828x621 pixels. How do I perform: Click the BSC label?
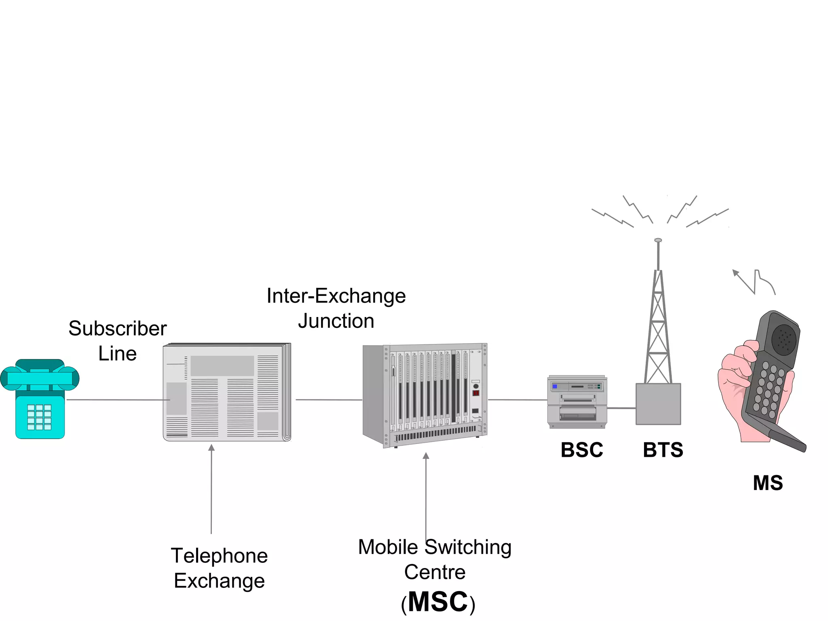(x=581, y=450)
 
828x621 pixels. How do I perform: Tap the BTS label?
(x=663, y=450)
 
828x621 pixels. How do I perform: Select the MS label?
(x=767, y=483)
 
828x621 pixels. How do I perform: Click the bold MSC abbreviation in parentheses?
(x=438, y=602)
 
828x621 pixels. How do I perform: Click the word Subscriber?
(x=117, y=328)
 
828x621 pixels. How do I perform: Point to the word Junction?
(x=336, y=321)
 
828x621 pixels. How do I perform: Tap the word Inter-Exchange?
(x=336, y=296)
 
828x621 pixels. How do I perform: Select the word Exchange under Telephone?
(x=219, y=581)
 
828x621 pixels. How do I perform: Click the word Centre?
(x=435, y=572)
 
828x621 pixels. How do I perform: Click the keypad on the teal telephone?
(x=39, y=417)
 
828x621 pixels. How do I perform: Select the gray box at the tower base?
(x=658, y=404)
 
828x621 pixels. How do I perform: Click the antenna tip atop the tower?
(x=658, y=241)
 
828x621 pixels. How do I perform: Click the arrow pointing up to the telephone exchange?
(x=211, y=448)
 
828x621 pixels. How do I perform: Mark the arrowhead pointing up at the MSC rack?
(x=426, y=456)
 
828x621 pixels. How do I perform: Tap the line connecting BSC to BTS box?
(x=621, y=408)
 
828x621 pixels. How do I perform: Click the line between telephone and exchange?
(x=117, y=400)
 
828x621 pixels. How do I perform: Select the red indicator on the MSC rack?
(x=476, y=393)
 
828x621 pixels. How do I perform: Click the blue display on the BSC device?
(x=555, y=387)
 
